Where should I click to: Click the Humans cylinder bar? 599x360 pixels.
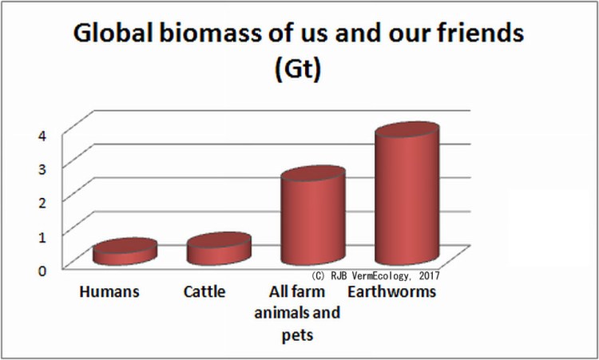pyautogui.click(x=124, y=252)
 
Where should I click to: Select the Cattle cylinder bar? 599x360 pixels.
pyautogui.click(x=218, y=250)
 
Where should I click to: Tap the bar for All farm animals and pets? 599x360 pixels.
pyautogui.click(x=312, y=220)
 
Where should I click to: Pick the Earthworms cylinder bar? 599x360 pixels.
pyautogui.click(x=407, y=200)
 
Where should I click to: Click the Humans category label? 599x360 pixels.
pyautogui.click(x=109, y=292)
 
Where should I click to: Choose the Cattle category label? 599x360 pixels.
pyautogui.click(x=204, y=292)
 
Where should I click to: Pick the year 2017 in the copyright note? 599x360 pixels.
pyautogui.click(x=426, y=275)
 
